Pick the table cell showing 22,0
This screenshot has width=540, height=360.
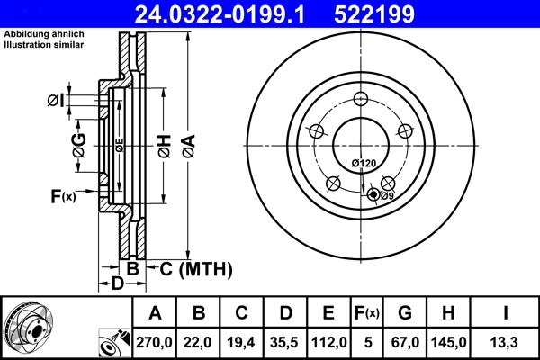coord(199,342)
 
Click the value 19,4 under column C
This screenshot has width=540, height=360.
coord(242,342)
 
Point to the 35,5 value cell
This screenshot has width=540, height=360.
coord(285,342)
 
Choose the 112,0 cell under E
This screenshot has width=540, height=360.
coord(328,342)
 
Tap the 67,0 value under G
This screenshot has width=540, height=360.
coord(405,342)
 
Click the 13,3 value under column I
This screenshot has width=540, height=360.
coord(508,342)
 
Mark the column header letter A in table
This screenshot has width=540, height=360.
coord(155,313)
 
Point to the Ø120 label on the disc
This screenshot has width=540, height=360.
coord(363,163)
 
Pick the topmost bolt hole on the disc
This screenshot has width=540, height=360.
coord(361,100)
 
